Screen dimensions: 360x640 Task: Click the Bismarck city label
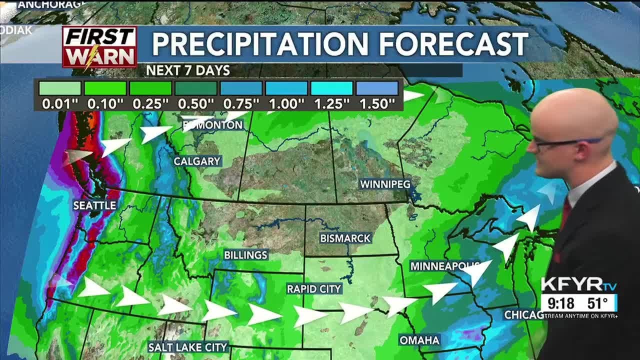[345, 238]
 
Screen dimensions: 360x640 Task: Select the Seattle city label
[94, 205]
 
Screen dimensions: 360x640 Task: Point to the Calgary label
[197, 161]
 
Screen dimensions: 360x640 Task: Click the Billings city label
[245, 255]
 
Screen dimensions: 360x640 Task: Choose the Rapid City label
[314, 289]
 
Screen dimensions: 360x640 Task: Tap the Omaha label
[419, 340]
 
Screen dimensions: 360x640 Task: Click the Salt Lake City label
[188, 347]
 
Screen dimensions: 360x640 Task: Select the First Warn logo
[99, 47]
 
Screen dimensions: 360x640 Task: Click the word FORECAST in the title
[453, 44]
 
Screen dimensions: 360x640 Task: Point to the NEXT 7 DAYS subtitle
[187, 70]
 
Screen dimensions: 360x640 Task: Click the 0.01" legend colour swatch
[60, 88]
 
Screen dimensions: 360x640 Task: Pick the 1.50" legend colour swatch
[377, 88]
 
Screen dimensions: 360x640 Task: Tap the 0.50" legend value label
[195, 104]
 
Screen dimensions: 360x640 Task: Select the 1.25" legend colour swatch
[331, 88]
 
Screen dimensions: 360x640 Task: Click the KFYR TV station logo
[578, 285]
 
